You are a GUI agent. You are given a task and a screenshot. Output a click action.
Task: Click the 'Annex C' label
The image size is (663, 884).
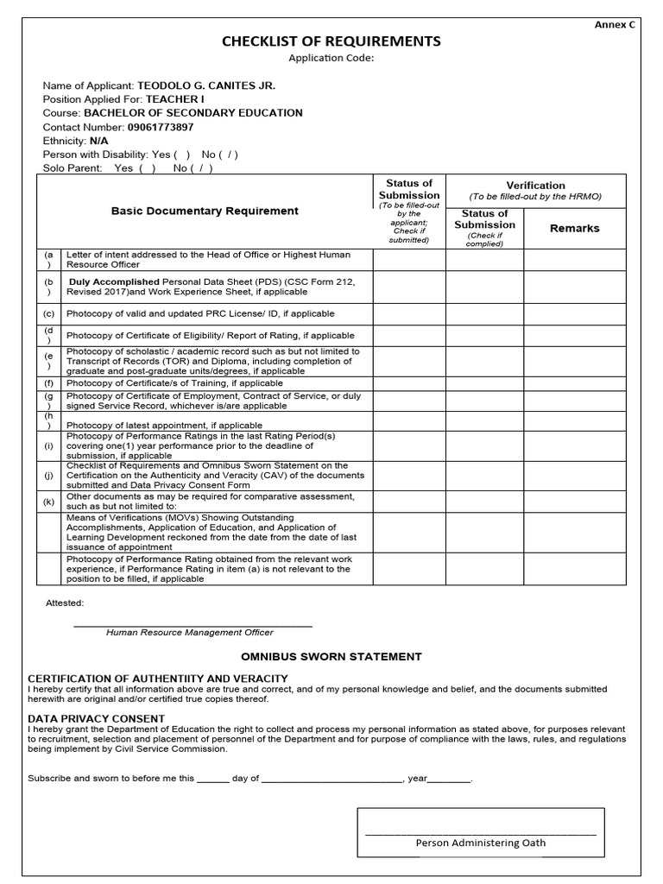pyautogui.click(x=614, y=24)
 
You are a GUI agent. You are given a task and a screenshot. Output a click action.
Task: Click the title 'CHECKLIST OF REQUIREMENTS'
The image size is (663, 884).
pyautogui.click(x=331, y=41)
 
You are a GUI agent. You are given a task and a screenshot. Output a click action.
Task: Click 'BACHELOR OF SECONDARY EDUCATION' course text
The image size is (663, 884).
pyautogui.click(x=193, y=113)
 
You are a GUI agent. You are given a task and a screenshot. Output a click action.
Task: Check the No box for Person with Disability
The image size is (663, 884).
pyautogui.click(x=222, y=155)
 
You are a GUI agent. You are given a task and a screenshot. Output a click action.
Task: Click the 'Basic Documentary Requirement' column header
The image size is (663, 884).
pyautogui.click(x=205, y=211)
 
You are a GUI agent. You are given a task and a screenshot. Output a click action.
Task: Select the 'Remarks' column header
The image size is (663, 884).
pyautogui.click(x=574, y=229)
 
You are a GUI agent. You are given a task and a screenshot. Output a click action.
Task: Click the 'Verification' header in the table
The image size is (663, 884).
pyautogui.click(x=535, y=185)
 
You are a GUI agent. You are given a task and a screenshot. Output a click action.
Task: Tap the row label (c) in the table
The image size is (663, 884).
pyautogui.click(x=49, y=314)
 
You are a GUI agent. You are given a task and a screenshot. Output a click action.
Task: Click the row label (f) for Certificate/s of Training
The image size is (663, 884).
pyautogui.click(x=49, y=383)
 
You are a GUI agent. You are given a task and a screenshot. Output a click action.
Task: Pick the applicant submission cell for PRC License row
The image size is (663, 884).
pyautogui.click(x=408, y=314)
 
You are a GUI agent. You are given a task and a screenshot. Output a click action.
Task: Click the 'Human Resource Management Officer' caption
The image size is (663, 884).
pyautogui.click(x=189, y=633)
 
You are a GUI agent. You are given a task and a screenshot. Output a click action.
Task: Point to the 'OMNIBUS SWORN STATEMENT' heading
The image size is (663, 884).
pyautogui.click(x=331, y=657)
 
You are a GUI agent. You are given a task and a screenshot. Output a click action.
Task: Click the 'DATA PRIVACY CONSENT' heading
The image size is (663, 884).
pyautogui.click(x=96, y=718)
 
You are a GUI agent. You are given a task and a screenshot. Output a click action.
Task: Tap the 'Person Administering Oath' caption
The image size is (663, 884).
pyautogui.click(x=480, y=843)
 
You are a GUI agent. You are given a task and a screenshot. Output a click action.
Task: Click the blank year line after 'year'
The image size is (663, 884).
pyautogui.click(x=449, y=779)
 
